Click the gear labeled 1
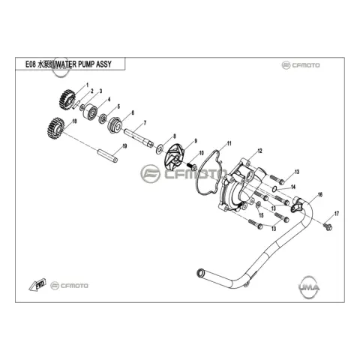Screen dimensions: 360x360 [x=67, y=99]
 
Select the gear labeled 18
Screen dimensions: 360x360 [x=55, y=127]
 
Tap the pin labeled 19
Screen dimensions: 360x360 [x=107, y=155]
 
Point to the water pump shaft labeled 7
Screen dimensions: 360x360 [x=139, y=138]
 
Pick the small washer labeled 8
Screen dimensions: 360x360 [x=159, y=149]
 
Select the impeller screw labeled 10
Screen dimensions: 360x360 [x=192, y=166]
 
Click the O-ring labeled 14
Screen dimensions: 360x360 [x=274, y=189]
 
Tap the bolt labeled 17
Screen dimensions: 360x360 [x=328, y=226]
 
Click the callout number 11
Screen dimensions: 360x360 [x=229, y=143]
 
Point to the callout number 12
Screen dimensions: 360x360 [x=260, y=151]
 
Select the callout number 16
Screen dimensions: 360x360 [x=320, y=194]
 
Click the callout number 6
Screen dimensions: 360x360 [x=133, y=112]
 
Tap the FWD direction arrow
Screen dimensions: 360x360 [x=37, y=284]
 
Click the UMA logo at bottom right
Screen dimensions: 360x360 [x=309, y=287]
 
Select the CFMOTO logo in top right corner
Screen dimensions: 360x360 [x=301, y=65]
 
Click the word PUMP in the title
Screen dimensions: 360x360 [x=86, y=64]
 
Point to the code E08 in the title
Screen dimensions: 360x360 [x=31, y=64]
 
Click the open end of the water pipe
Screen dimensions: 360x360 [x=200, y=271]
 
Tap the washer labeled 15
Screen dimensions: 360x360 [x=259, y=205]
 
